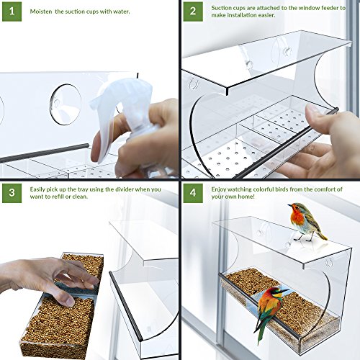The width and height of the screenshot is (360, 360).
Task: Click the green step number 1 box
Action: pyautogui.click(x=12, y=12)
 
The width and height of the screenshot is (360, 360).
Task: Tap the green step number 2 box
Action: pyautogui.click(x=193, y=12)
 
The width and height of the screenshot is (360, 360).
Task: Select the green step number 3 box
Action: pyautogui.click(x=12, y=193)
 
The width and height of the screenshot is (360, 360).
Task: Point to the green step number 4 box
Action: pyautogui.click(x=193, y=193)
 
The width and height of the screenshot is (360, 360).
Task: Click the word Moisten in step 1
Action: pyautogui.click(x=41, y=12)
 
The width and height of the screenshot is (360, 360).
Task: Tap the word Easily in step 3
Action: pyautogui.click(x=37, y=189)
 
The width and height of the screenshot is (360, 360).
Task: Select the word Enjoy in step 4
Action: pyautogui.click(x=218, y=189)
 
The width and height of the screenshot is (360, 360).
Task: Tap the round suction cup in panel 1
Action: pyautogui.click(x=66, y=104)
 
